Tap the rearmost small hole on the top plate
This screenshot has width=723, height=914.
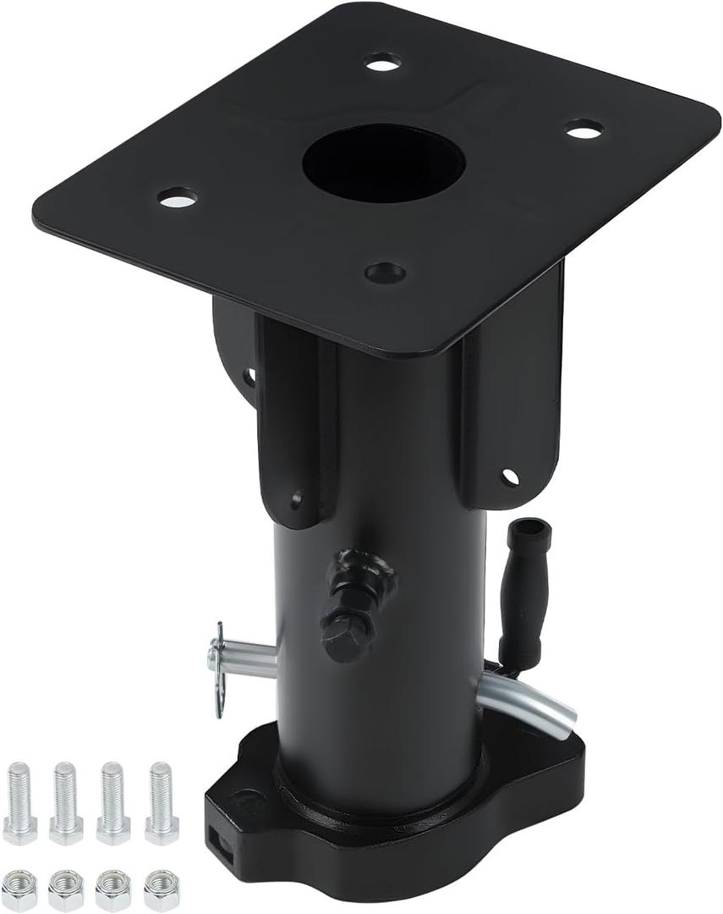(x=383, y=62)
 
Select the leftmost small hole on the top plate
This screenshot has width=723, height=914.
(x=177, y=198)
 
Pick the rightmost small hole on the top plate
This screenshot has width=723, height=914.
(x=584, y=129)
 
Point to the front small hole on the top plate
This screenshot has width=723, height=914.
(x=386, y=273)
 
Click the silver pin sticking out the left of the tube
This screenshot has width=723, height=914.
(x=249, y=658)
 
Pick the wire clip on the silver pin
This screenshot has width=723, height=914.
(x=217, y=669)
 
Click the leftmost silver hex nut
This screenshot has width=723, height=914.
(x=19, y=889)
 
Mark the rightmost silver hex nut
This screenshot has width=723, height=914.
(x=162, y=889)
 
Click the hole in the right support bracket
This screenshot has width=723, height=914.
(x=509, y=477)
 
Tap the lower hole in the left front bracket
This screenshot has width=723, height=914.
(x=296, y=500)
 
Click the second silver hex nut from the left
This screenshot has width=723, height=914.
(x=66, y=889)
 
